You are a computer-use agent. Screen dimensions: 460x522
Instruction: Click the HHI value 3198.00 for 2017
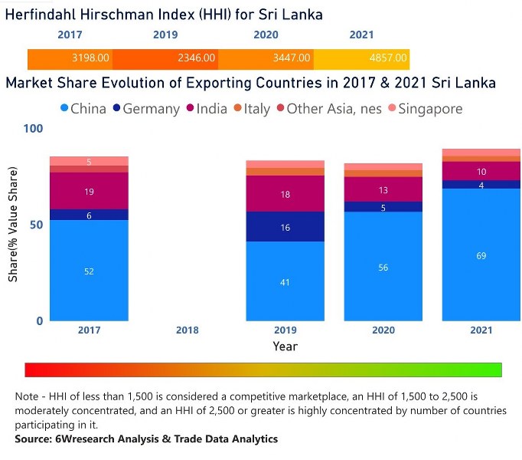pyautogui.click(x=90, y=58)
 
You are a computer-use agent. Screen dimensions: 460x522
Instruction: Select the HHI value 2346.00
pyautogui.click(x=197, y=58)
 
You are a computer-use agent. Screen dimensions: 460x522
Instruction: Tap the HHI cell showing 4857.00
pyautogui.click(x=388, y=58)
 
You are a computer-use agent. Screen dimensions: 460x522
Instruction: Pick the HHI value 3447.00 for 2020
pyautogui.click(x=292, y=58)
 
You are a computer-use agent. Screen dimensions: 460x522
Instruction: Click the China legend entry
pyautogui.click(x=82, y=109)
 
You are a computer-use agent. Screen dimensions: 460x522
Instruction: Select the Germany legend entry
pyautogui.click(x=146, y=109)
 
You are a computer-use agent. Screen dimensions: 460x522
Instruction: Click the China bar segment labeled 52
pyautogui.click(x=89, y=270)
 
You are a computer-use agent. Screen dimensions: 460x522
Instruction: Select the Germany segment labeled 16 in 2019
pyautogui.click(x=285, y=227)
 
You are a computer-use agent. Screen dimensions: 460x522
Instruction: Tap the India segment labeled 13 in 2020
pyautogui.click(x=383, y=189)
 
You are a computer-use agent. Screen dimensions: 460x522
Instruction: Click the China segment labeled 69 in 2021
pyautogui.click(x=480, y=255)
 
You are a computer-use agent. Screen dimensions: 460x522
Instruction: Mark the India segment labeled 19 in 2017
pyautogui.click(x=89, y=191)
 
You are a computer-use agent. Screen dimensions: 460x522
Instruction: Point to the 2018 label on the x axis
pyautogui.click(x=187, y=330)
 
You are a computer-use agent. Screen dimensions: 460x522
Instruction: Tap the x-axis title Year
pyautogui.click(x=285, y=347)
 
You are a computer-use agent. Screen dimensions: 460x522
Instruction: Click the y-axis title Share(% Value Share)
pyautogui.click(x=13, y=227)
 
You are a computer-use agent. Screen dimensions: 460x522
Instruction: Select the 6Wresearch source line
pyautogui.click(x=146, y=439)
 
